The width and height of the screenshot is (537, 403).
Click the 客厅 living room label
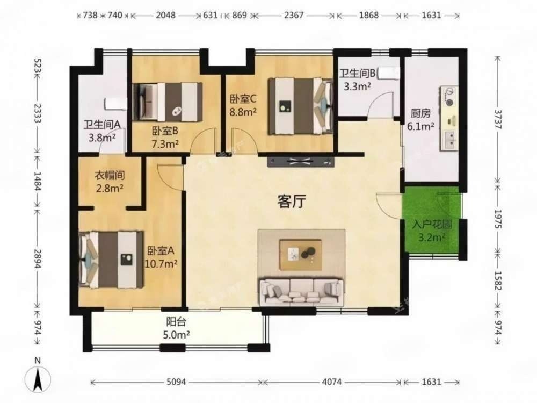pos(292,201)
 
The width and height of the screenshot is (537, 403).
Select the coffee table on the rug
pos(300,255)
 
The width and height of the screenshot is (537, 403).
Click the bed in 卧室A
pos(111,260)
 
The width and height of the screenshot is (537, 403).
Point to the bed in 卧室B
pos(168,102)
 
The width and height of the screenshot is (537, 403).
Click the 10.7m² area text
pos(161,264)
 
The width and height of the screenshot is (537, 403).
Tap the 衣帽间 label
pos(110,176)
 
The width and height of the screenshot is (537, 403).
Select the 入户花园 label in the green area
pos(432,225)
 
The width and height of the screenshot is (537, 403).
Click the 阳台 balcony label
pos(176,321)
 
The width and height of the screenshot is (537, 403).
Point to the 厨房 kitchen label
pos(420,113)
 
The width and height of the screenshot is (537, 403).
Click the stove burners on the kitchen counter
pos(449,96)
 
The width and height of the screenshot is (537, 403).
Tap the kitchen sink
pos(449,140)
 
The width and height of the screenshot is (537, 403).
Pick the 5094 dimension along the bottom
pos(176,382)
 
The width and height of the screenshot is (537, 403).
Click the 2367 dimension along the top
pos(294,15)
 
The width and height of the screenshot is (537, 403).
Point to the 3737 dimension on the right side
pos(498,119)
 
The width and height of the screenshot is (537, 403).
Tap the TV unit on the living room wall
pos(301,162)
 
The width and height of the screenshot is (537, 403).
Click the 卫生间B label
pos(358,73)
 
